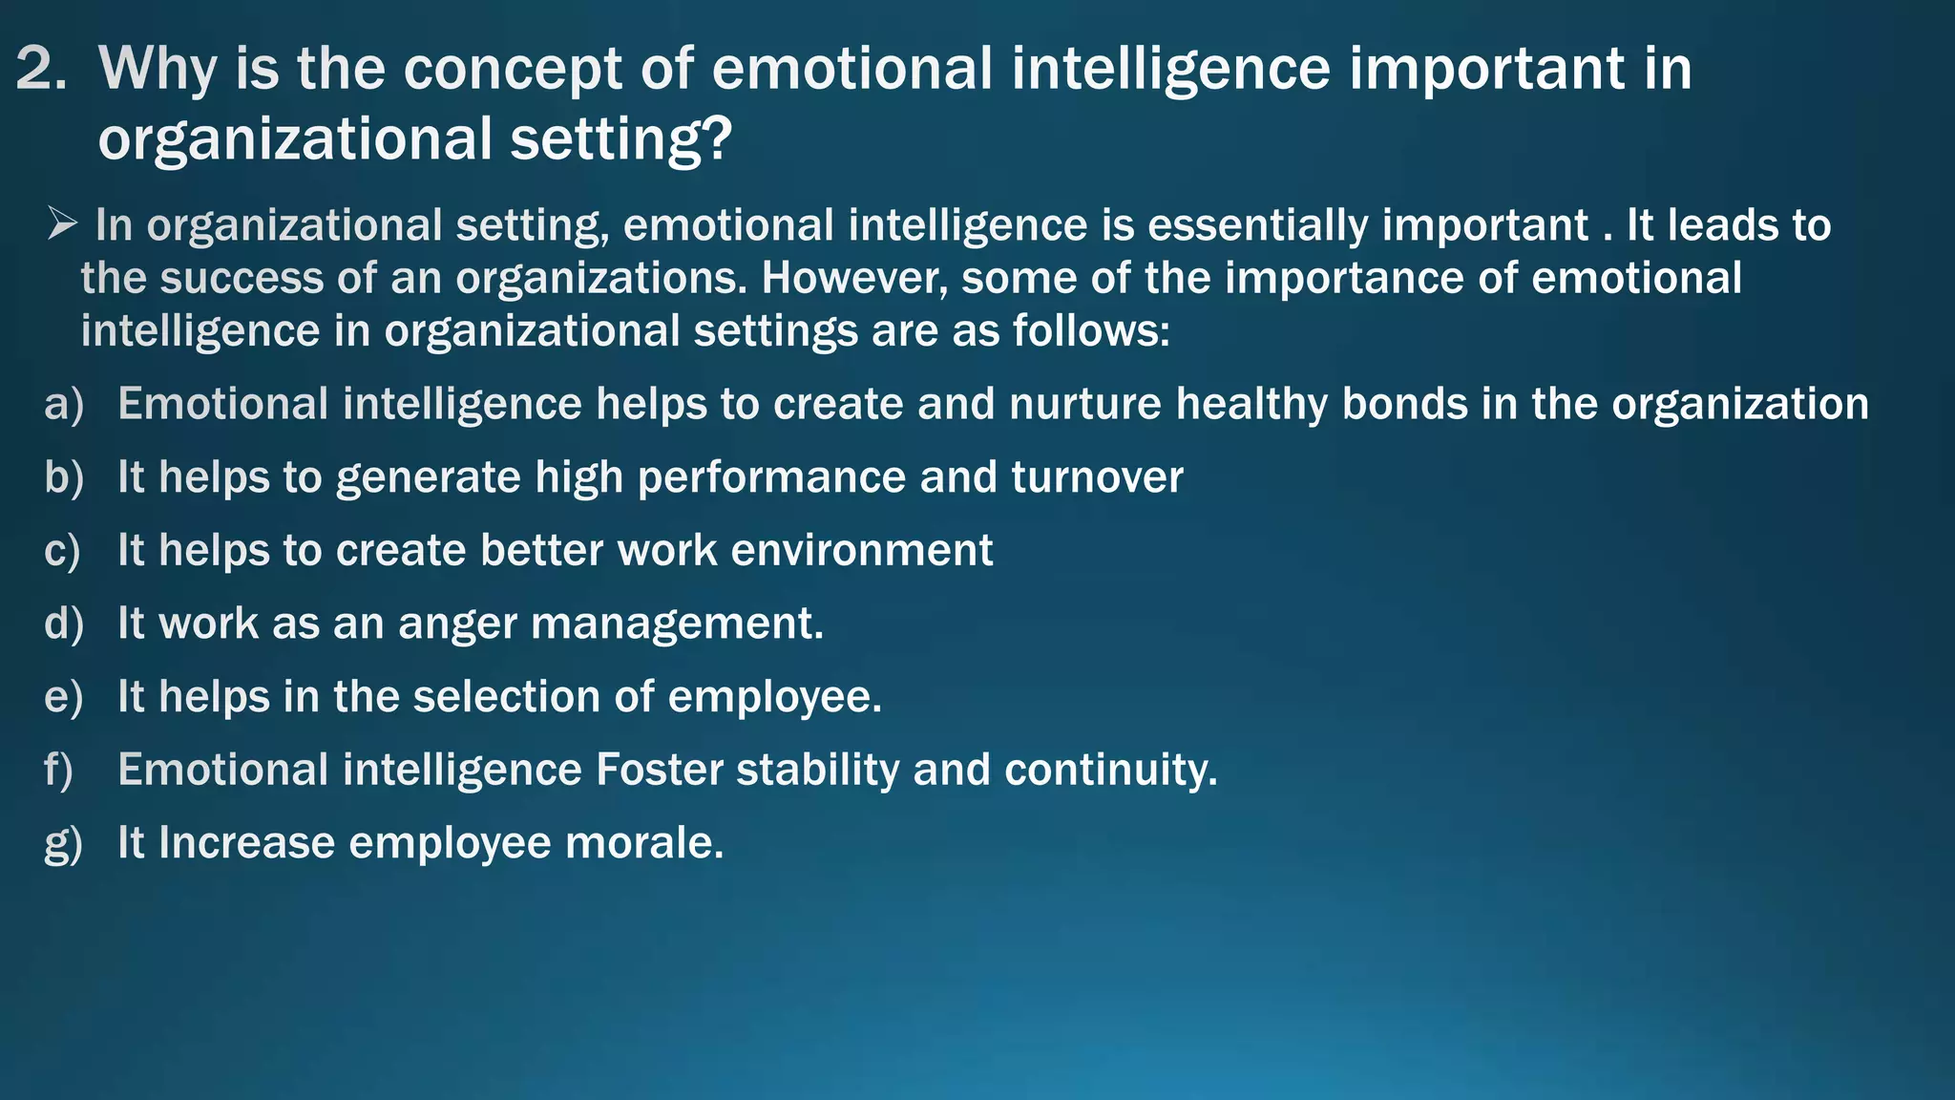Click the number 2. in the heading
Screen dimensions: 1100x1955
[41, 70]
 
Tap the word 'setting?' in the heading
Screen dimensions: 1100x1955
[620, 139]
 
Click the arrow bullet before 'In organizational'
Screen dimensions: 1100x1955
[62, 225]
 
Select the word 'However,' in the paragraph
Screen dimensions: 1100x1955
[853, 279]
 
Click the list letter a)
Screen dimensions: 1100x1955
[64, 404]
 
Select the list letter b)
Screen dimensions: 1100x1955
[64, 477]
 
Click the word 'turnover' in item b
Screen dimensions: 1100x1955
[1097, 477]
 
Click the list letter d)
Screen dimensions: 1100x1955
[64, 624]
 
